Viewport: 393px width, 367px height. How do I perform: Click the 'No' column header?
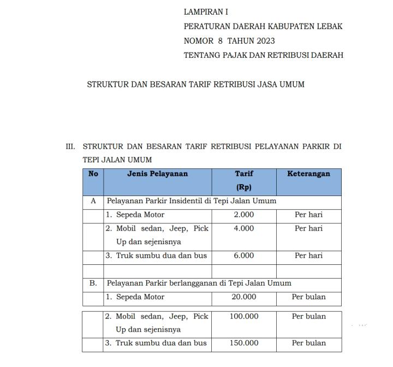coord(93,174)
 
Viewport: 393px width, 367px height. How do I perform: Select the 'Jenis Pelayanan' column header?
coord(157,174)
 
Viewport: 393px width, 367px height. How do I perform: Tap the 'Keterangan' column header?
coord(308,174)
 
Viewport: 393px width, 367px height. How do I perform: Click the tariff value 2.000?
coord(243,215)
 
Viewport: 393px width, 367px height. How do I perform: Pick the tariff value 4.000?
coord(243,228)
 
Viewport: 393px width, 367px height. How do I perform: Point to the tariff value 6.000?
coord(243,256)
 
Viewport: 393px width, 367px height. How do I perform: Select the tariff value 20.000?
coord(243,297)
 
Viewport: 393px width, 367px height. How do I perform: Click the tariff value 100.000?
coord(243,316)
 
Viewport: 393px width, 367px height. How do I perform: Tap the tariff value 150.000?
coord(243,343)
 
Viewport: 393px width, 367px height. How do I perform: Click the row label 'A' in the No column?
coord(93,201)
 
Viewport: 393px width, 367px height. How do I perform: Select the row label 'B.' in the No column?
coord(93,283)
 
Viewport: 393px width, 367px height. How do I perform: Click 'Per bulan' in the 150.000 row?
coord(308,343)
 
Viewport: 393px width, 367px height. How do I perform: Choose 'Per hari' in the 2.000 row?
coord(308,215)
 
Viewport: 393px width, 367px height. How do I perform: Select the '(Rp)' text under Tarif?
coord(243,187)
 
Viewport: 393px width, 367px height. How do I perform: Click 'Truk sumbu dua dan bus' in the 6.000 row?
coord(156,256)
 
